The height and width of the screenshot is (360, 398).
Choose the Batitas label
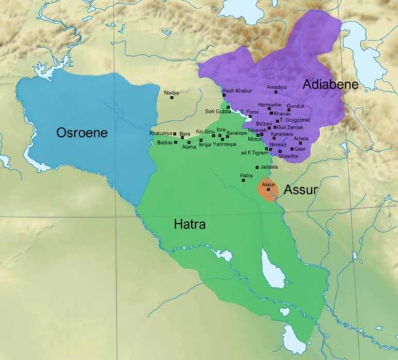tap(166, 142)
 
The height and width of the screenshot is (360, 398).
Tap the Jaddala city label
tap(251, 167)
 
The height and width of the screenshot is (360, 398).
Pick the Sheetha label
tap(288, 156)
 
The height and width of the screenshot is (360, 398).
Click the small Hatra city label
tap(246, 175)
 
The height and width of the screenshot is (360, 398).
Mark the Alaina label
tap(189, 147)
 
